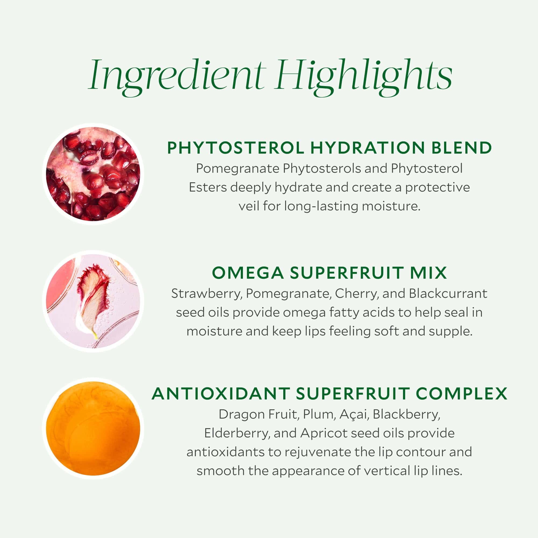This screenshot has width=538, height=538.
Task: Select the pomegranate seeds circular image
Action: [x=93, y=174]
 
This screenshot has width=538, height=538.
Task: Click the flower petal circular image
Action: [x=93, y=301]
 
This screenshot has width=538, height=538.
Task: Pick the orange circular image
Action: [x=93, y=428]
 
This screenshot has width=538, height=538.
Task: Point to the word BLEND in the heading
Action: [x=461, y=148]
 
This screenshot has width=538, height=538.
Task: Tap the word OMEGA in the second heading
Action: [x=247, y=272]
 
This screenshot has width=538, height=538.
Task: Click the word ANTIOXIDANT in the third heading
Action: [x=221, y=394]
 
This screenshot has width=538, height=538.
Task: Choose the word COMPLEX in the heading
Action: [x=461, y=394]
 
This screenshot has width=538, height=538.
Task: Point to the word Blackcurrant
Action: [x=448, y=293]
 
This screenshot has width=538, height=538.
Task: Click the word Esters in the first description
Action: [x=207, y=187]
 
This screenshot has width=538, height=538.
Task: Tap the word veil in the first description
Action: [x=249, y=206]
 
